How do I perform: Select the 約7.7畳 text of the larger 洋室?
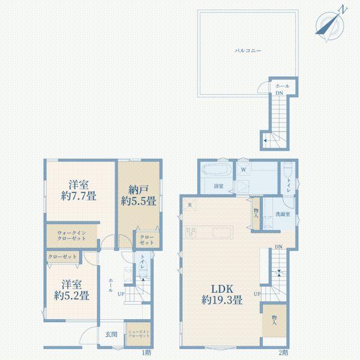(79, 196)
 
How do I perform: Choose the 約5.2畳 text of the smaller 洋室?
(71, 295)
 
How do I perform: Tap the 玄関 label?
(112, 334)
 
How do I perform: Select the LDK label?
(221, 286)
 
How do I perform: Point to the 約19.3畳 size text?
(221, 300)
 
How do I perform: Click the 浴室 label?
(218, 187)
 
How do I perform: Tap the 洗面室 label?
(283, 214)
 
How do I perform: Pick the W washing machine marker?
(243, 169)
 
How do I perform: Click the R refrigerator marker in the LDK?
(190, 205)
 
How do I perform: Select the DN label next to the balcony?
(279, 94)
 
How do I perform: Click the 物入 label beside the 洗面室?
(256, 214)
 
